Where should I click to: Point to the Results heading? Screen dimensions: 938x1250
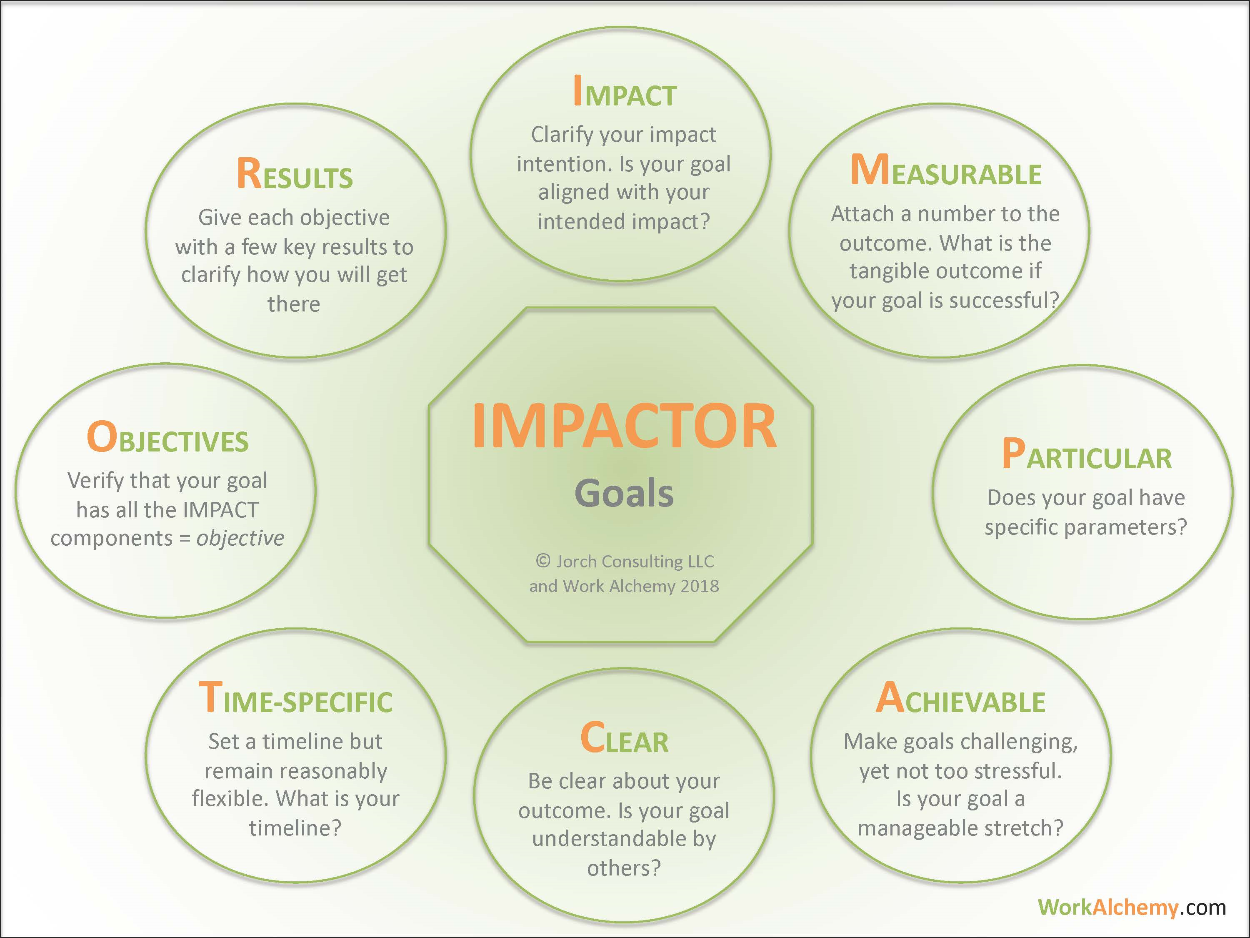point(295,174)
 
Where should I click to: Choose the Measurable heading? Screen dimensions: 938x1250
point(945,171)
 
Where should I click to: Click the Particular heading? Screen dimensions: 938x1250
point(1086,455)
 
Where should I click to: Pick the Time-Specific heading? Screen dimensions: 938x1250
point(295,699)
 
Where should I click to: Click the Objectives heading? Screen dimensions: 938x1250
point(167,439)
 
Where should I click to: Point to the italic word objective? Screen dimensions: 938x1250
point(240,538)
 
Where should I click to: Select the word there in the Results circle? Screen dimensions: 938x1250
point(294,304)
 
